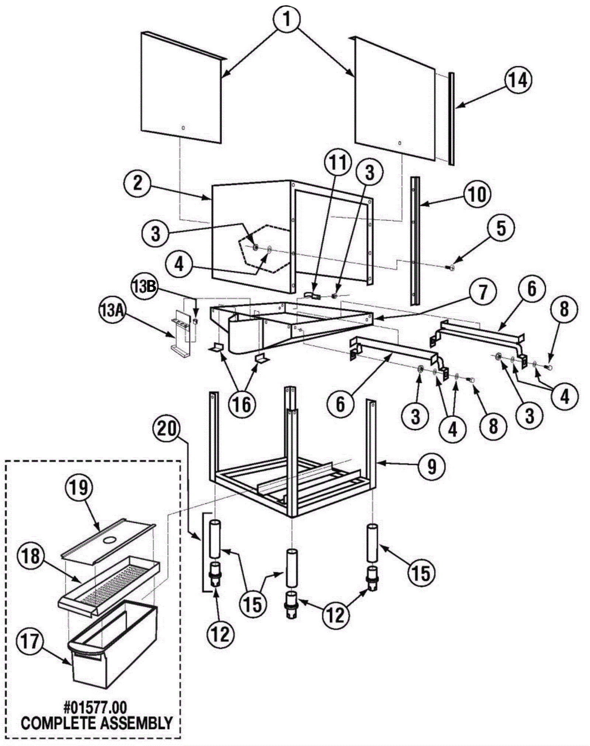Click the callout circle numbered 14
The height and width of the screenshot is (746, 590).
click(518, 80)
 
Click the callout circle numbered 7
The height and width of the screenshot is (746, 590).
click(482, 293)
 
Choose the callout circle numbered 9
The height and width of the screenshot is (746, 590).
click(431, 467)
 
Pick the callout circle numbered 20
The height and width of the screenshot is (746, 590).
click(168, 429)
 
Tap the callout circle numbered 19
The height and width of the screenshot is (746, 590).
click(79, 487)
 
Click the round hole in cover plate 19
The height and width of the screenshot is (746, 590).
click(109, 540)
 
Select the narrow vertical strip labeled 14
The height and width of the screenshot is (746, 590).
click(451, 118)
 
